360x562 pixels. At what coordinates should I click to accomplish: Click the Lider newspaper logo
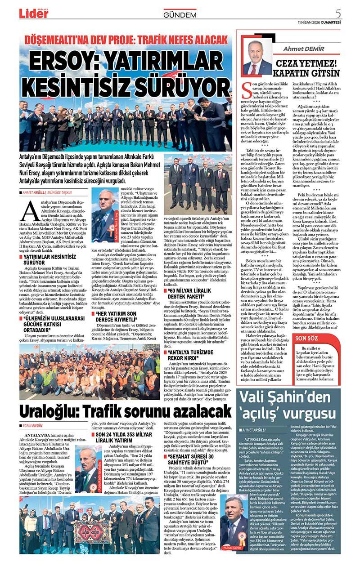click(33, 13)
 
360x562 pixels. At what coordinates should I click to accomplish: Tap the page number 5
click(351, 13)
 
